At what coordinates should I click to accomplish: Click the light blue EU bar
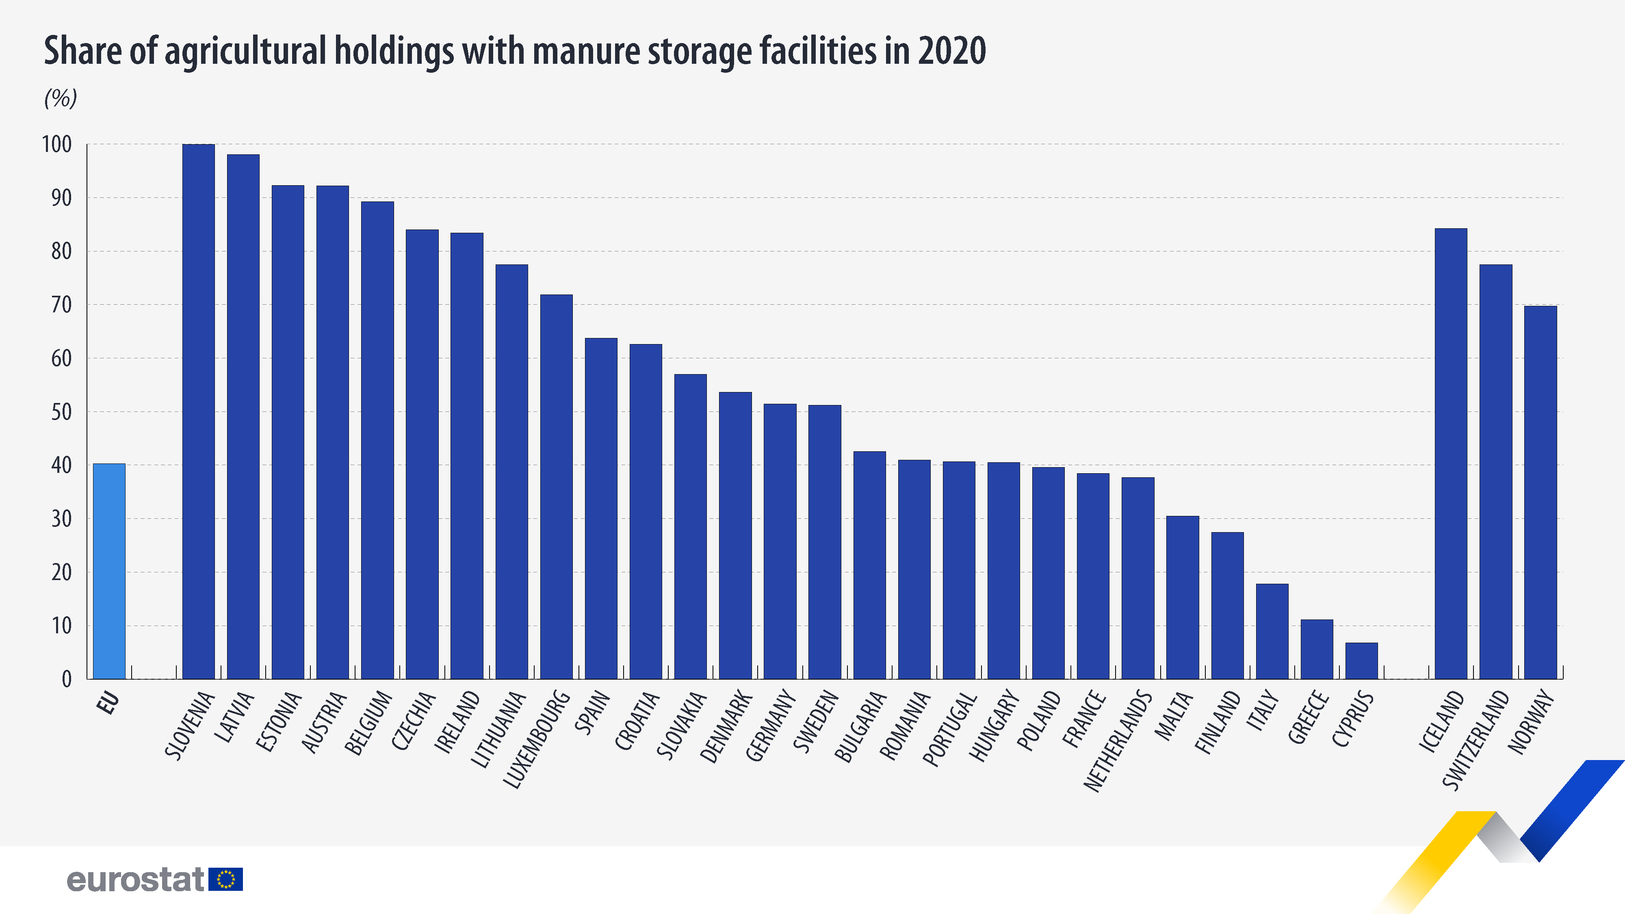109,571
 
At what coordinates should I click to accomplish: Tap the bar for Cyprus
1361,661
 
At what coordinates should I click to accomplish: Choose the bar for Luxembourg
557,486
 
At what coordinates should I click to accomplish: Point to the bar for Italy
1272,631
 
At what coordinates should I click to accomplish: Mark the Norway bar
1540,492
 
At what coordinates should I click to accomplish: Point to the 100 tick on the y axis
57,145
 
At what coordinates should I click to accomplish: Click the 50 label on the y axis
61,412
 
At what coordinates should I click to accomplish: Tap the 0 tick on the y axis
66,679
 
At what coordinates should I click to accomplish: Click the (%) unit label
61,98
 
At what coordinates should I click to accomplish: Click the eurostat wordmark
136,879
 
